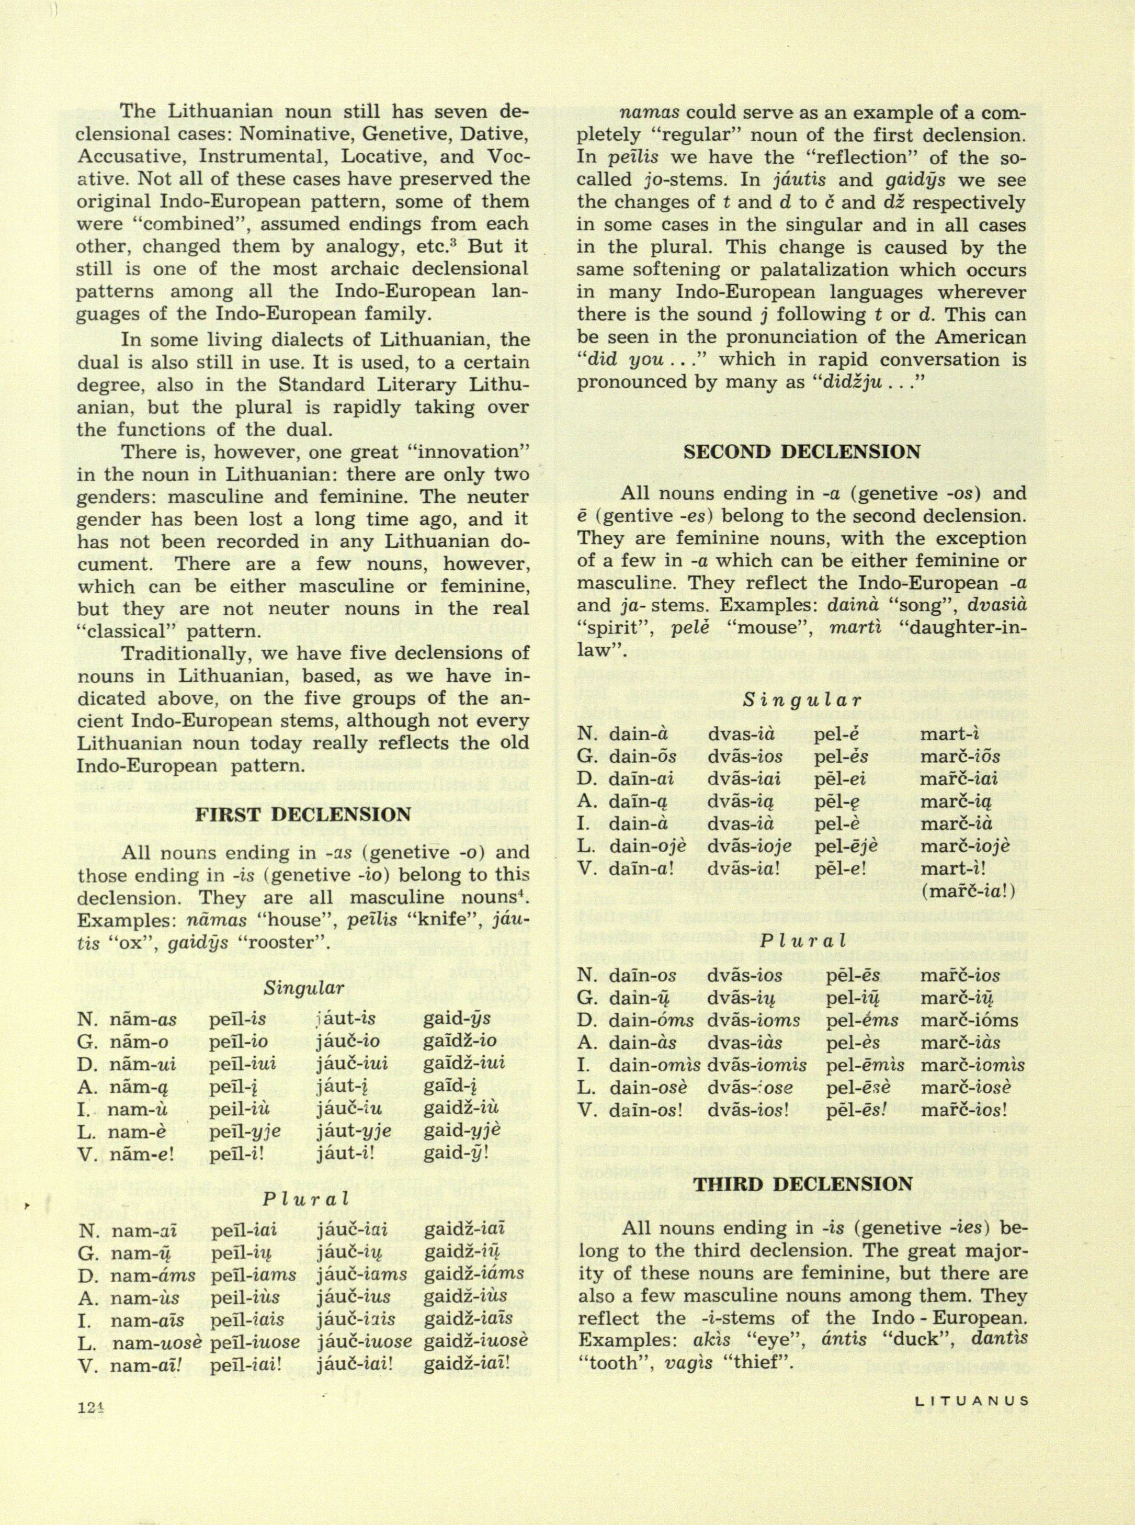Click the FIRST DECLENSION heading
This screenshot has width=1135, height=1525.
pos(304,816)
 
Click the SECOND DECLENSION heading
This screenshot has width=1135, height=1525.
pos(801,451)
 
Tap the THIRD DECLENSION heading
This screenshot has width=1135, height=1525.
pos(802,1183)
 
